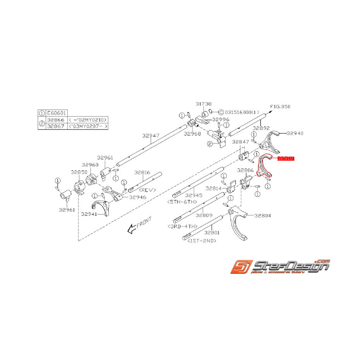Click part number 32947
coord(150,135)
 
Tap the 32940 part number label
coord(295,133)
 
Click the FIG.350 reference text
coord(280,106)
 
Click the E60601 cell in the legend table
coord(56,113)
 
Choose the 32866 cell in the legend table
coord(56,120)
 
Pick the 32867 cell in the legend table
coord(56,126)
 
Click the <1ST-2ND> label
coord(201,241)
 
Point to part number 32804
coord(262,216)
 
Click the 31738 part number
coord(203,104)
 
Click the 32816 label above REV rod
coord(143,172)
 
